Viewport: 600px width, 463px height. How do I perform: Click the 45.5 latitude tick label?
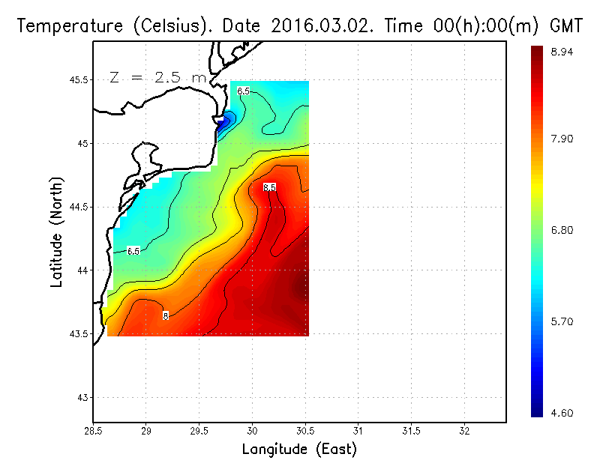tap(76, 80)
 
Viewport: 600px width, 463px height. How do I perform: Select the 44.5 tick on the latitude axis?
tap(76, 207)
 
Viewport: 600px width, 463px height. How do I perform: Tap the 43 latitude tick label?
tap(82, 397)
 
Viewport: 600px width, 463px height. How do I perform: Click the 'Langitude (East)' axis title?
tap(299, 450)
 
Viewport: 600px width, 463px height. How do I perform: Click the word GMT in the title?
tap(567, 26)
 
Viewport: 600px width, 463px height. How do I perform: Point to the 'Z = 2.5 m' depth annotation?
tap(157, 77)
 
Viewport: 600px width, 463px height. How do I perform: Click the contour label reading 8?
tap(166, 316)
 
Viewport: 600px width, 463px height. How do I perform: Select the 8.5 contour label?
tap(269, 187)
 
